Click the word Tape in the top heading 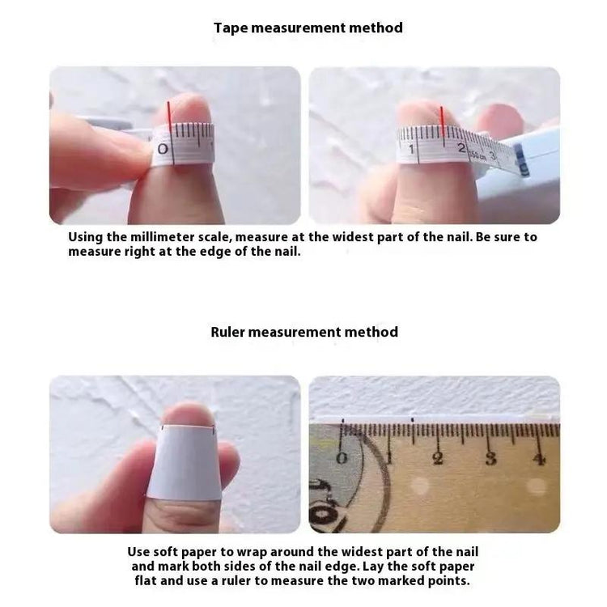tap(231, 28)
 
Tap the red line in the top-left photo tap(169, 115)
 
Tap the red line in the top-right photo tap(442, 121)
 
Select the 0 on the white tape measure tap(163, 149)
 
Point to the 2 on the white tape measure tap(461, 148)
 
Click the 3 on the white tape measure tap(493, 156)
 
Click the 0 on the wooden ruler tap(342, 458)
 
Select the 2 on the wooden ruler tap(438, 458)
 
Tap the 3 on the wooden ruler tap(490, 459)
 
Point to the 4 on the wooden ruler tap(539, 459)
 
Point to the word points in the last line tap(448, 581)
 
